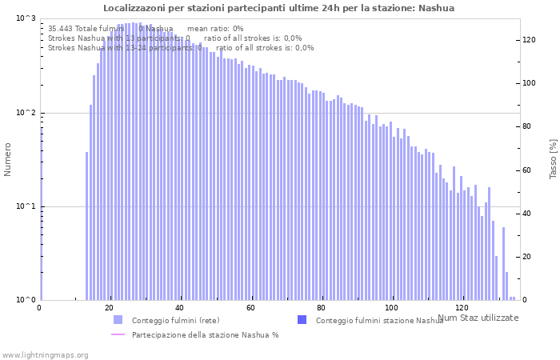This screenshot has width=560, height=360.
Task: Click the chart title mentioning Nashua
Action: click(278, 8)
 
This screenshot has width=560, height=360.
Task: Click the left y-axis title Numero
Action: click(8, 159)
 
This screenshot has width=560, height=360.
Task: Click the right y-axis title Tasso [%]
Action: click(553, 159)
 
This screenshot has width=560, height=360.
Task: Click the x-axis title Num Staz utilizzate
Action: click(478, 318)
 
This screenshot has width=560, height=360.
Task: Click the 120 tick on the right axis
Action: click(529, 39)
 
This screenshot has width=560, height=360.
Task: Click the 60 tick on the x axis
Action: click(251, 308)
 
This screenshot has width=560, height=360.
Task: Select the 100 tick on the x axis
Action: click(391, 308)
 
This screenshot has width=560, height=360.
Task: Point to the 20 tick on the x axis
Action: click(110, 308)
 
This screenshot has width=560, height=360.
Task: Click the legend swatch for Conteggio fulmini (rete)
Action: click(118, 320)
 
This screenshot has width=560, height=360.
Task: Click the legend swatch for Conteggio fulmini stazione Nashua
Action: click(302, 320)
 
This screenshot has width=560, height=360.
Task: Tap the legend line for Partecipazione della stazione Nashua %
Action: click(118, 334)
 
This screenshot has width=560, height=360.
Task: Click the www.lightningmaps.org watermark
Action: click(44, 354)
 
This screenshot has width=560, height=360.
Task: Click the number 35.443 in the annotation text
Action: click(60, 28)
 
